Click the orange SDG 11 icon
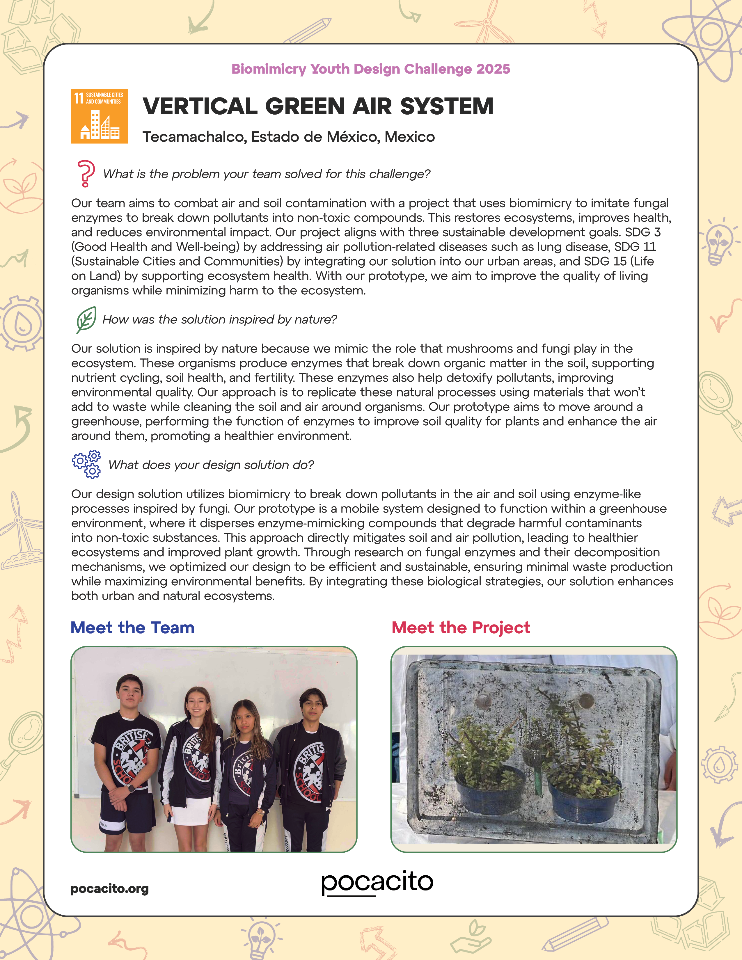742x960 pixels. coord(99,116)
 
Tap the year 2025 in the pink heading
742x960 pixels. coord(493,69)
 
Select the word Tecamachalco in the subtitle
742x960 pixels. coord(194,137)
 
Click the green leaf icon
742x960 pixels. coord(86,319)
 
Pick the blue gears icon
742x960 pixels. coord(87,464)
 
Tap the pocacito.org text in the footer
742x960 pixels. coord(109,889)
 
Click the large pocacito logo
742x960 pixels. coord(377,882)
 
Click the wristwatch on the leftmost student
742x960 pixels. coord(130,789)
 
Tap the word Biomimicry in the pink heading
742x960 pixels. coord(269,69)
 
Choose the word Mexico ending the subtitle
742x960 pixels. coord(410,137)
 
